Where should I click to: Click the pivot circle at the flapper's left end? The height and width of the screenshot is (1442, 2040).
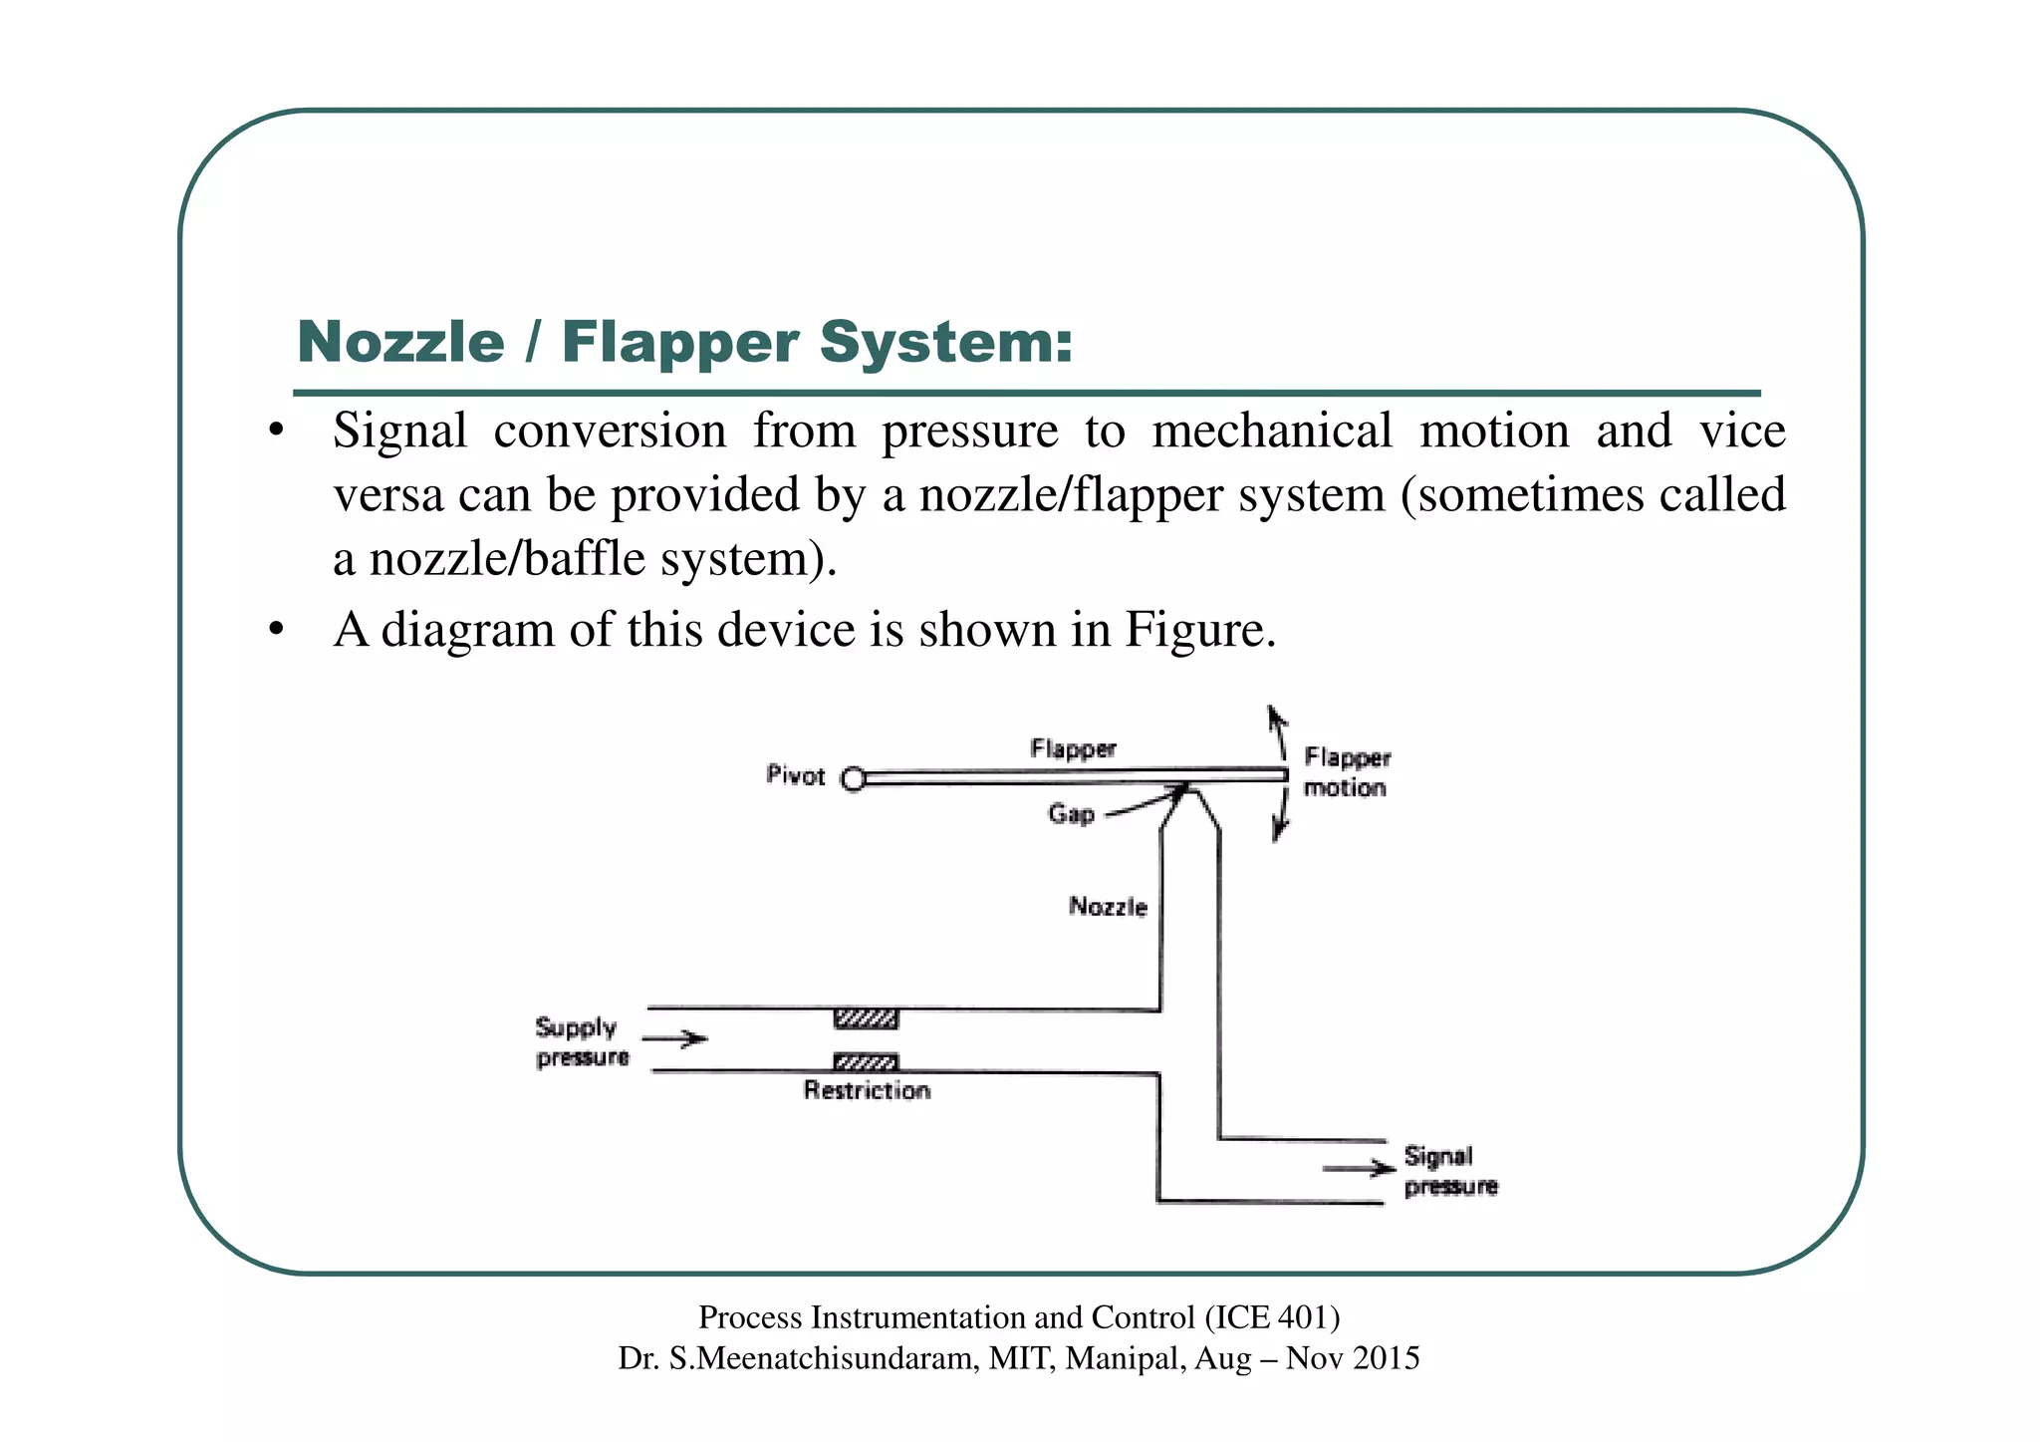pos(853,778)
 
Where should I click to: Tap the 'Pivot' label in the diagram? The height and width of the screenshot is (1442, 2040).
pos(796,775)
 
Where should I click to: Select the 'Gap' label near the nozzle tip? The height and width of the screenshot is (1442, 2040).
pos(1071,814)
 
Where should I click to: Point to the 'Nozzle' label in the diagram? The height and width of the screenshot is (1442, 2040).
pos(1108,906)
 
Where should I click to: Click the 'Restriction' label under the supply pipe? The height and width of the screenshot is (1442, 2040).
pos(867,1090)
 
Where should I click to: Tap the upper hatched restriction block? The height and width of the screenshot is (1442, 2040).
pos(866,1018)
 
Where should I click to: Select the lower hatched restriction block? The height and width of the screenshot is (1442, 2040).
pos(866,1061)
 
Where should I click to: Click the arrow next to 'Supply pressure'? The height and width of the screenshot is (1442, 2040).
pos(674,1039)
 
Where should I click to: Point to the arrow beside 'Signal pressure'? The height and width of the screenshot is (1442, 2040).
pos(1358,1168)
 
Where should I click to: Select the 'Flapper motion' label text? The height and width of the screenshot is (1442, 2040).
pos(1347,772)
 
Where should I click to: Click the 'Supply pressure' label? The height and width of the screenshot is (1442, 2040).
pos(582,1041)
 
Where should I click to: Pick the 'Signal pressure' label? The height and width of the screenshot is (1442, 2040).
pos(1450,1171)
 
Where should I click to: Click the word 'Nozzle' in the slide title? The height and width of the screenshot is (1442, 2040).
pos(401,343)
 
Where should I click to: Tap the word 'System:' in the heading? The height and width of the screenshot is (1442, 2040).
pos(945,343)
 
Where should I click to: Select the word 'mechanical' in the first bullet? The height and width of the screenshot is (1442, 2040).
pos(1272,431)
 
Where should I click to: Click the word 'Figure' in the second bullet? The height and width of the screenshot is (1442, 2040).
pos(1194,630)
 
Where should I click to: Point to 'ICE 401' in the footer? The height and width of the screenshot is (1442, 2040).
pos(1272,1317)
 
